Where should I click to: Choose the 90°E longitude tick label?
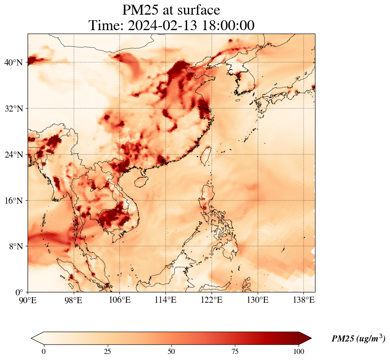coord(28,300)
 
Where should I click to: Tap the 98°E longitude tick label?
coord(74,300)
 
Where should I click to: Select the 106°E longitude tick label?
coord(120,300)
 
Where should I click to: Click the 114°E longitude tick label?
coord(166,300)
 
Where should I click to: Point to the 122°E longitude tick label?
coord(212,300)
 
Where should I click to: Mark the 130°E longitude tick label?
coord(258,300)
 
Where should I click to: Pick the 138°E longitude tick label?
coord(303,300)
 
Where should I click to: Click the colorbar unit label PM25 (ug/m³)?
coord(358,339)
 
